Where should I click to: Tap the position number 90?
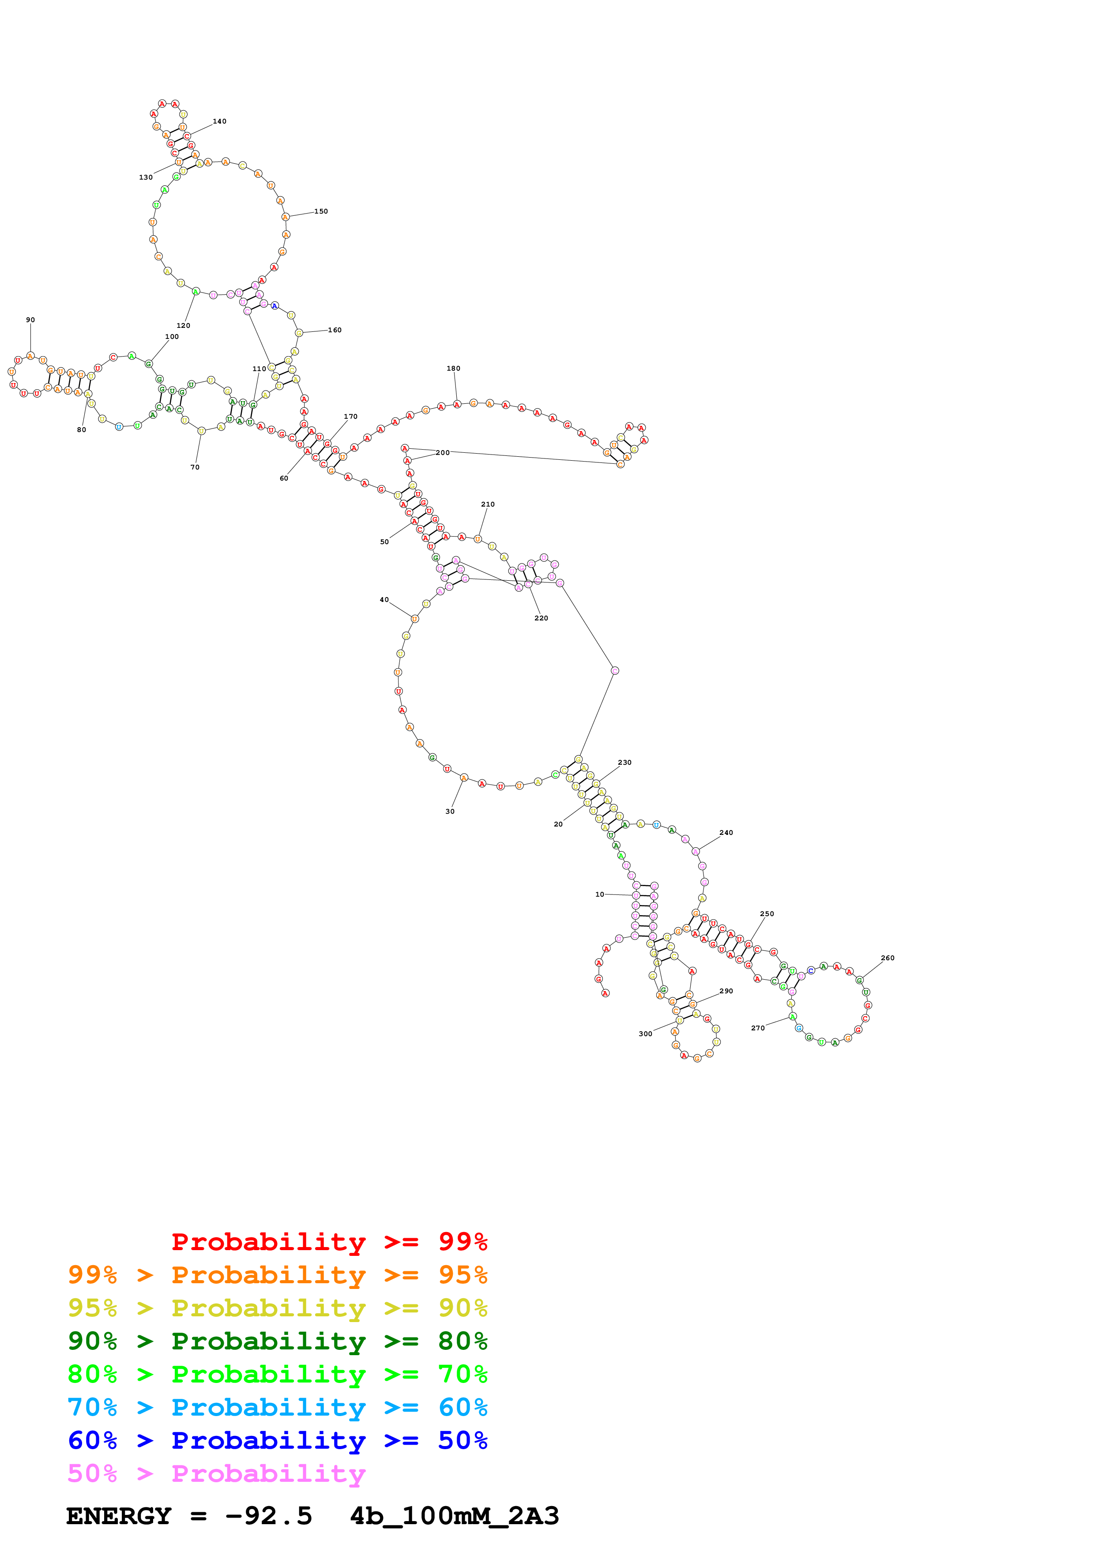pos(30,320)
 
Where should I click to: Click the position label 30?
pos(450,812)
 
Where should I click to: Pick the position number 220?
pos(541,618)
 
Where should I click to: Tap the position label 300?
pos(645,1034)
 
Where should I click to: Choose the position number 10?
pos(599,894)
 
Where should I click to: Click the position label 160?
pos(335,331)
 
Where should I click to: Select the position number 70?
pos(195,467)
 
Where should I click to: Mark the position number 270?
pos(758,1028)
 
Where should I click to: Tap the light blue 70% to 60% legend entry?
pos(277,1408)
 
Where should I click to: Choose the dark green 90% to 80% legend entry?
pos(277,1341)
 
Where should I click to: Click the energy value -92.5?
pos(268,1516)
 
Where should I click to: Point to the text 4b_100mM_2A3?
pos(454,1516)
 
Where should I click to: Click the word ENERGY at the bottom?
pos(119,1516)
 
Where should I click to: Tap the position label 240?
pos(726,833)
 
